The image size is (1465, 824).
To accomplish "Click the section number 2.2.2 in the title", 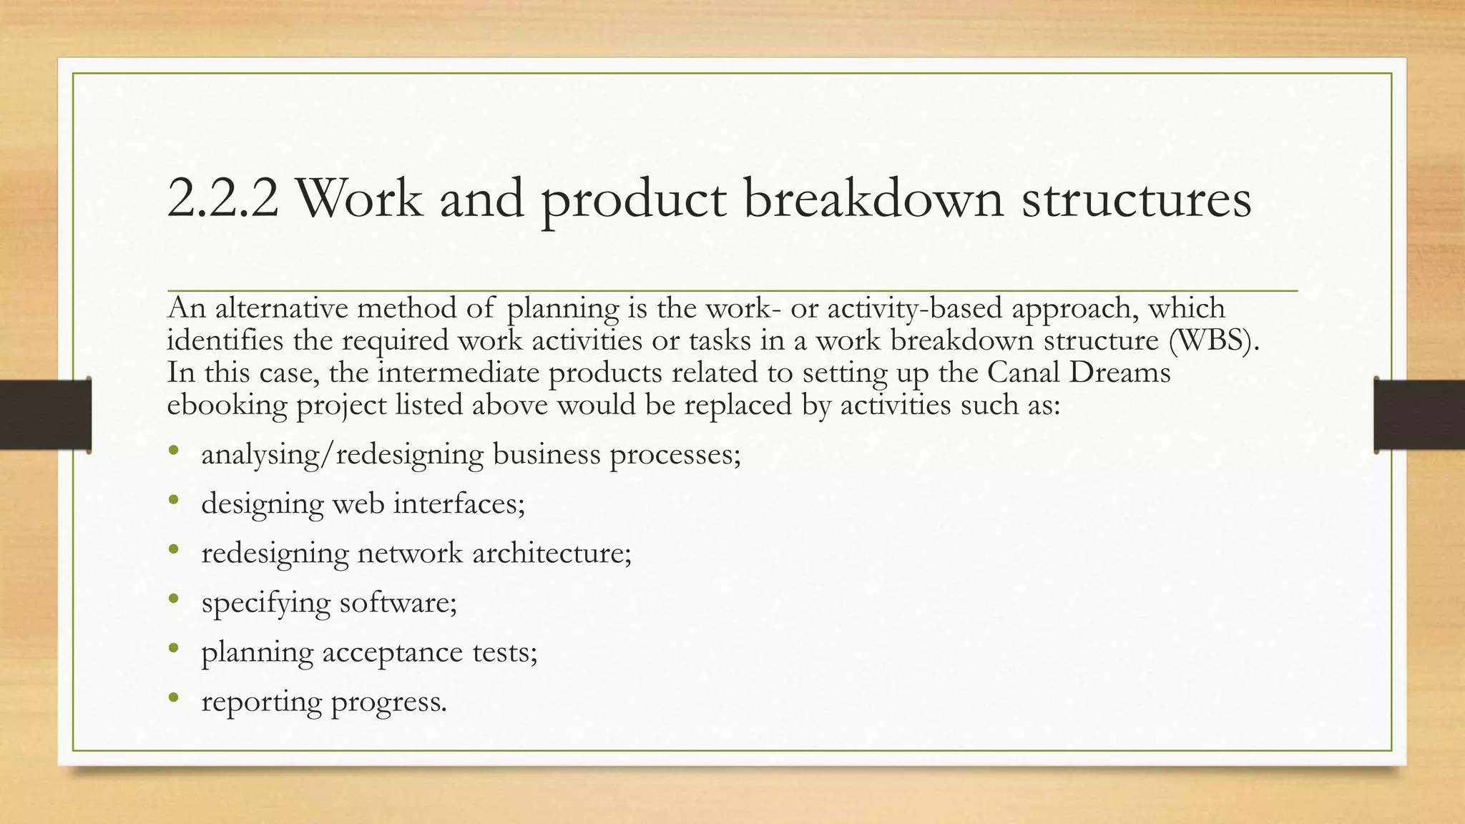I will pos(222,198).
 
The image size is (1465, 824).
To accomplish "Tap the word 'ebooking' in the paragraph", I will pos(227,406).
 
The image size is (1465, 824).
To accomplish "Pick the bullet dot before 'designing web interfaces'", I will pos(173,501).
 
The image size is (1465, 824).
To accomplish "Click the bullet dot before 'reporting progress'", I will pos(173,698).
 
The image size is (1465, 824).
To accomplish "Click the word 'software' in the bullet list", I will pos(396,603).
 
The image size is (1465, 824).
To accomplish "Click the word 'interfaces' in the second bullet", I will pos(458,504).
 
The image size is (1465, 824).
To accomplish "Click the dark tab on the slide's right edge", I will pos(1419,415).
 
